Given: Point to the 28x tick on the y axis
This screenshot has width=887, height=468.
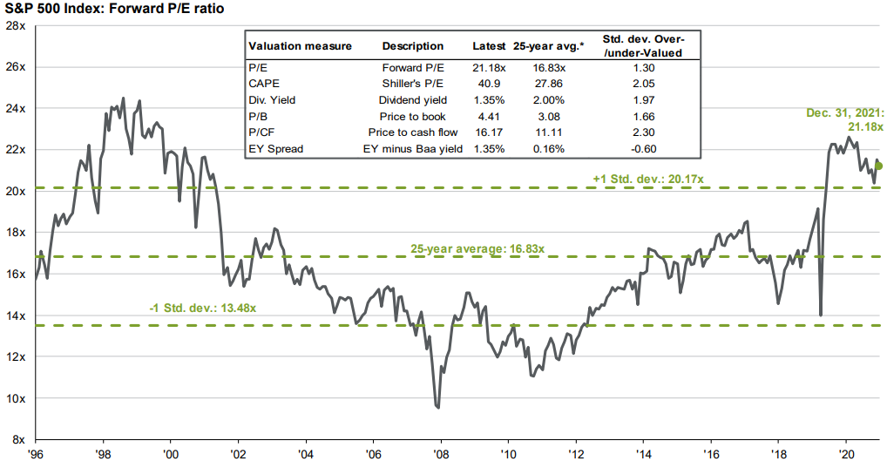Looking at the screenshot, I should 15,25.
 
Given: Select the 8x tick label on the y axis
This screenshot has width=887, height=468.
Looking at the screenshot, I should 17,439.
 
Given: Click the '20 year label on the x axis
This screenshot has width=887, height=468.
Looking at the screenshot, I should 845,455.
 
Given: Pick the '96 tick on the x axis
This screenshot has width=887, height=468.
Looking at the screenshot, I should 36,455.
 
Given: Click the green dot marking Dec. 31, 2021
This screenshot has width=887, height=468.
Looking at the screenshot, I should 878,166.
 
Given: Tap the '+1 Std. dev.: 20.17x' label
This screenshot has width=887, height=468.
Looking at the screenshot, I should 648,179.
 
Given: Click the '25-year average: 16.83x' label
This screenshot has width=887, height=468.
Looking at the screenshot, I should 477,248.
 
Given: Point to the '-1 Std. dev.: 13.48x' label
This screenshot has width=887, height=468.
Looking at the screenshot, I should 207,308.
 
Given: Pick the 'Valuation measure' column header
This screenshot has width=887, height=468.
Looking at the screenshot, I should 301,46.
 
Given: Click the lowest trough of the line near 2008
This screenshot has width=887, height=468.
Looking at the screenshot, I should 437,407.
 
